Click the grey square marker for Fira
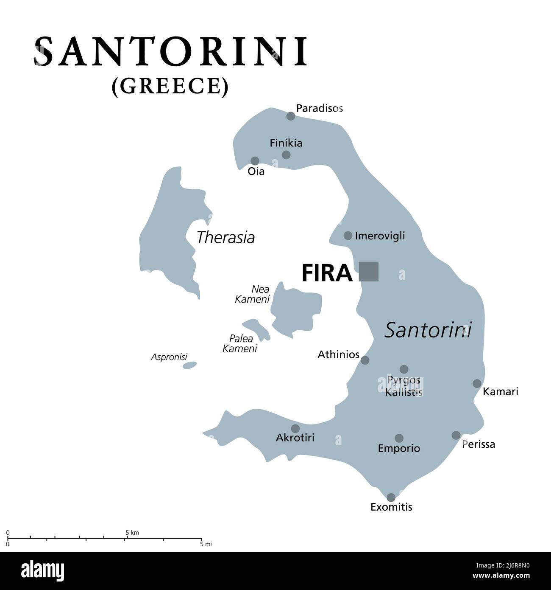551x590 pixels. (368, 272)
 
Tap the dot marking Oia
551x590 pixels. (255, 161)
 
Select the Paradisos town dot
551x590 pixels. (290, 116)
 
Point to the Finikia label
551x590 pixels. (286, 143)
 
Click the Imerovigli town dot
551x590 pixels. (348, 236)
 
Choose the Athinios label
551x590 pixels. (338, 354)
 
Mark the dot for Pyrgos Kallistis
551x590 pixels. (404, 369)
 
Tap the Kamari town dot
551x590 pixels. (477, 383)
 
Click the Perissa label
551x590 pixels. (479, 444)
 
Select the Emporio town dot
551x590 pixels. (399, 438)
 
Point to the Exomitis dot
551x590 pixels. (391, 497)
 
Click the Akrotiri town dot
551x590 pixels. (295, 429)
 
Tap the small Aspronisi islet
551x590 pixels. (190, 365)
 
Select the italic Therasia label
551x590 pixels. (225, 237)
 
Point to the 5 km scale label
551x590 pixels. (132, 532)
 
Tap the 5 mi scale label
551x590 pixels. (206, 544)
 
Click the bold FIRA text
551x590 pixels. (326, 273)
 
